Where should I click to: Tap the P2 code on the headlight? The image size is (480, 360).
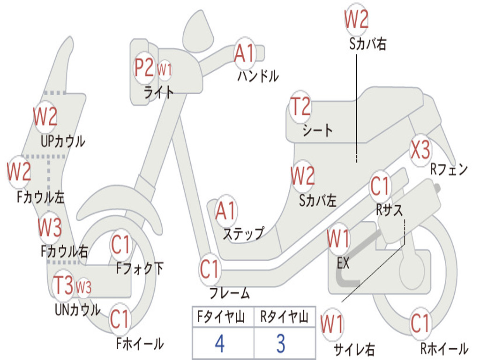tap(144, 68)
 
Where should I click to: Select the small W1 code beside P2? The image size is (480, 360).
tap(164, 70)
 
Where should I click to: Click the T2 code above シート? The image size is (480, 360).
tap(300, 107)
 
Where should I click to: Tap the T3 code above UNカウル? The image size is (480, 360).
tap(63, 286)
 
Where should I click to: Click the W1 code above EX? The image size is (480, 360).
tap(338, 239)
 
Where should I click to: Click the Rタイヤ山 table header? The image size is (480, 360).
tap(284, 318)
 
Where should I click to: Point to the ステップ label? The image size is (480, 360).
tap(243, 233)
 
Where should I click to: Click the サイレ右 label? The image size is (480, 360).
tap(354, 349)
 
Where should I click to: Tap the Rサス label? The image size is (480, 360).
tap(389, 210)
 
